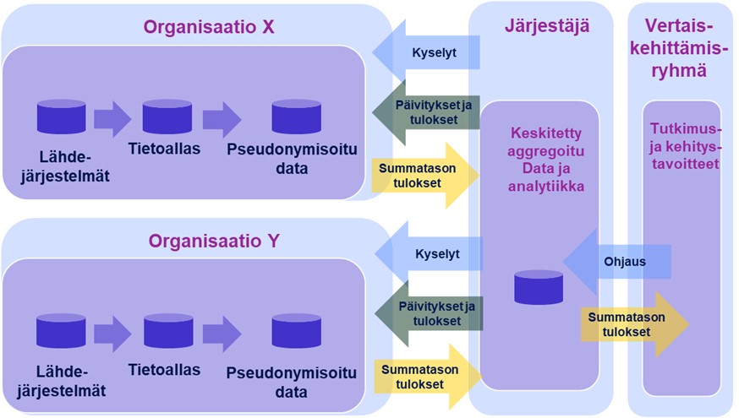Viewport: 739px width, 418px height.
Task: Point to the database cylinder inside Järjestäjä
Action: click(539, 287)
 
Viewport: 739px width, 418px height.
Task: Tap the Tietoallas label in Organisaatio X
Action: click(165, 149)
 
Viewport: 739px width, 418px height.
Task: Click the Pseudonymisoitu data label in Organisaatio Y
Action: click(292, 382)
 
